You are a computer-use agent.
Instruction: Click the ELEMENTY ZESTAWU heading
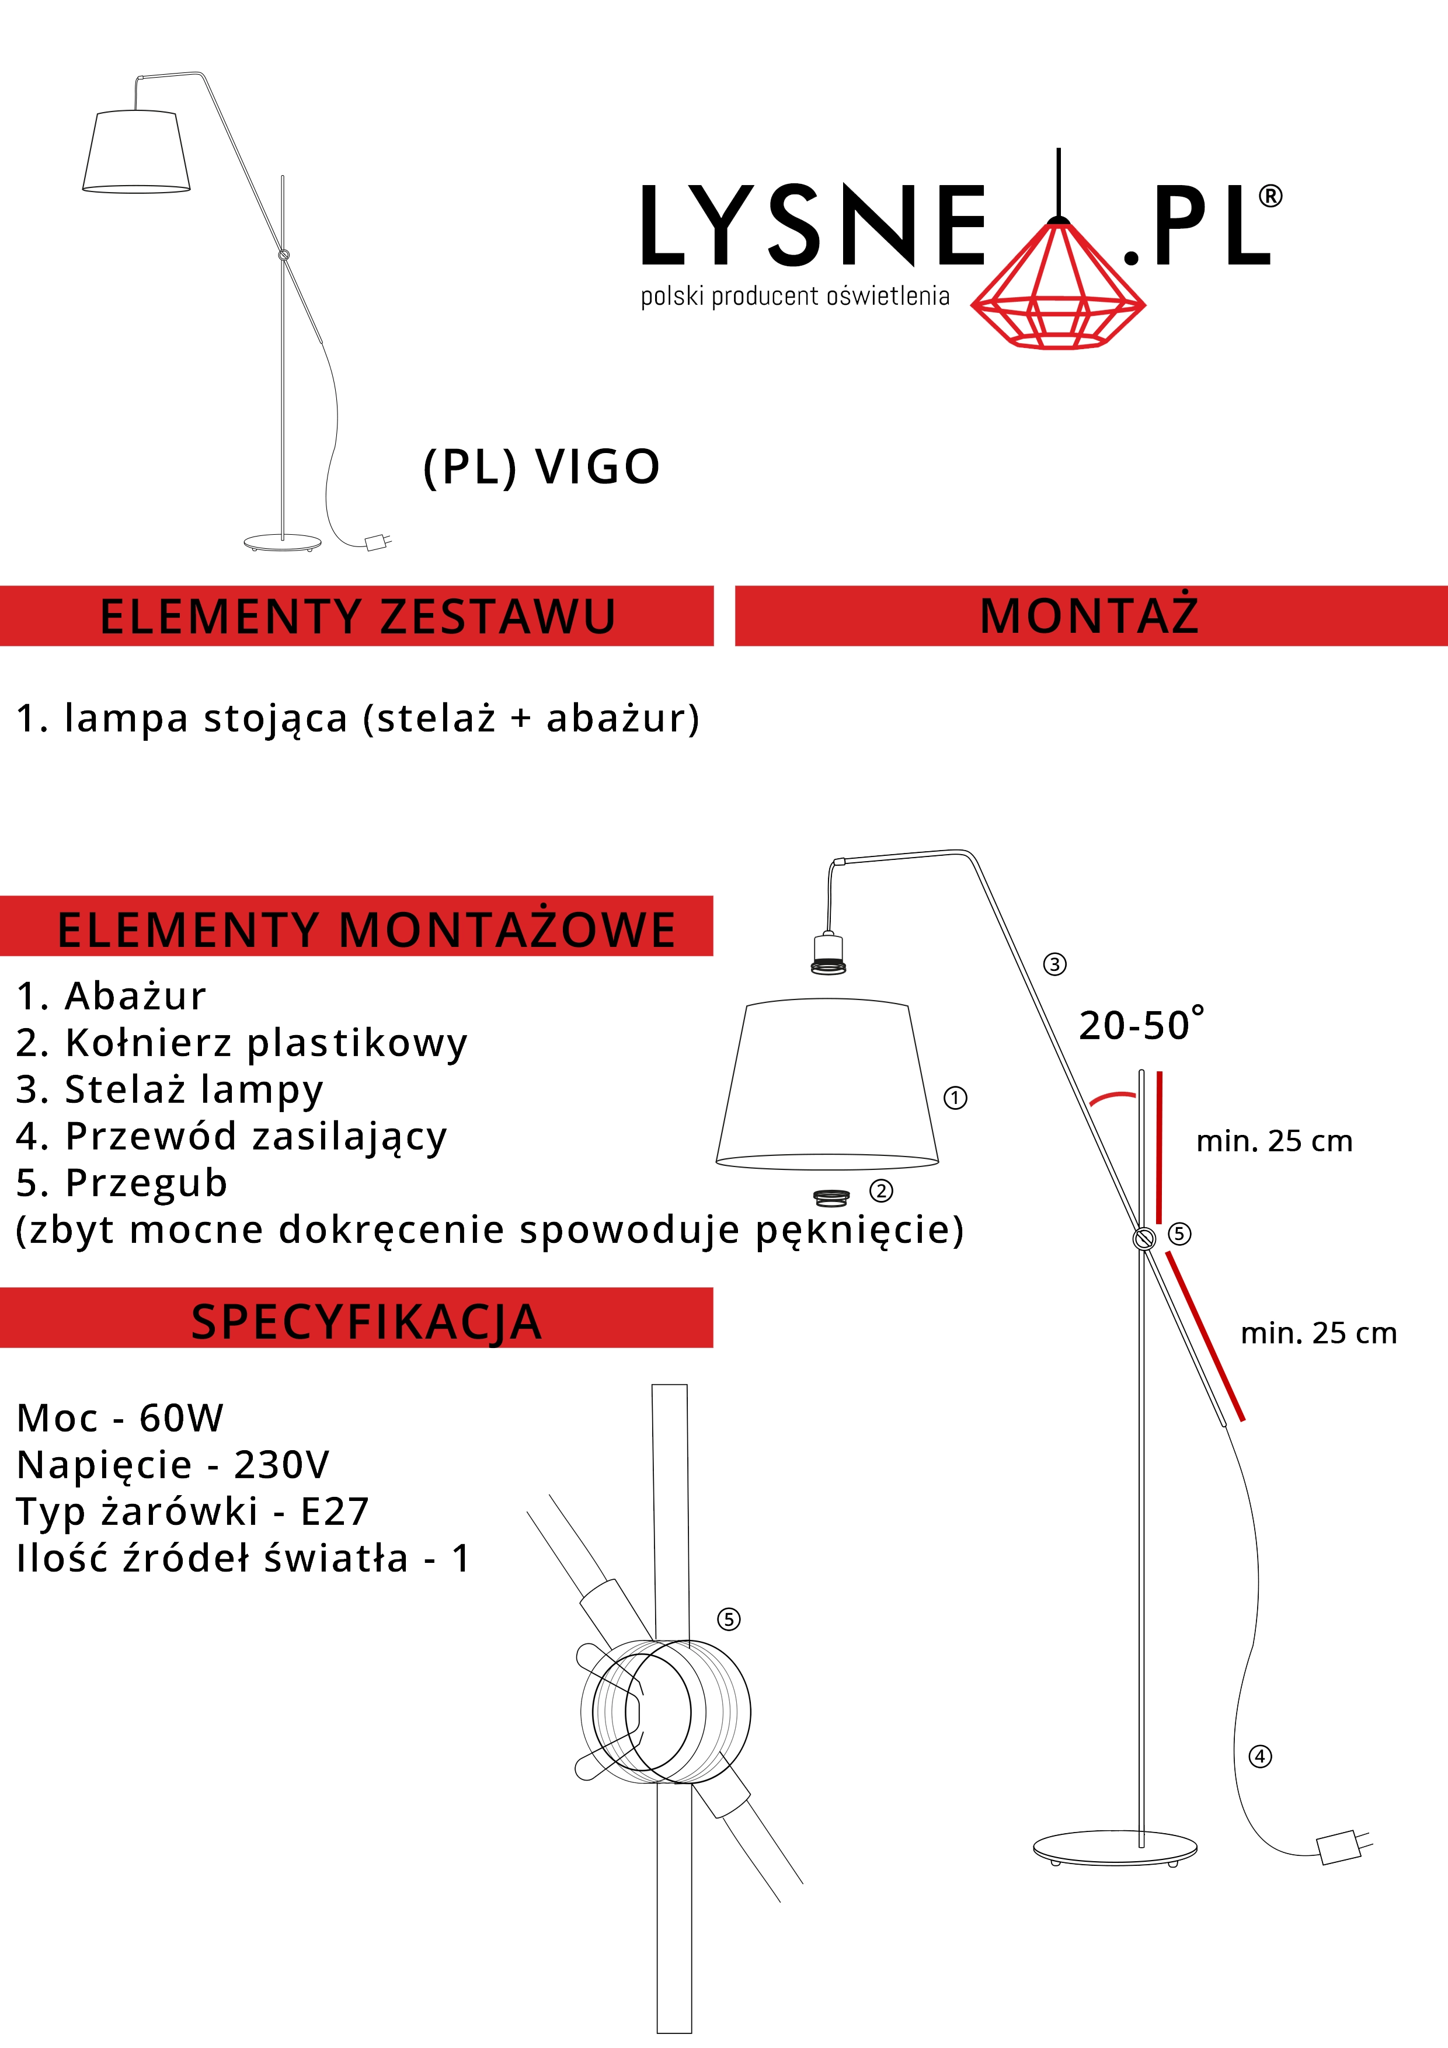click(358, 617)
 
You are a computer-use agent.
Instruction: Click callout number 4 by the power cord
click(1260, 1756)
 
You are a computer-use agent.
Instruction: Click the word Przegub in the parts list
click(147, 1183)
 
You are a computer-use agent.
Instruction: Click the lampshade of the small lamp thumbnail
click(137, 151)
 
